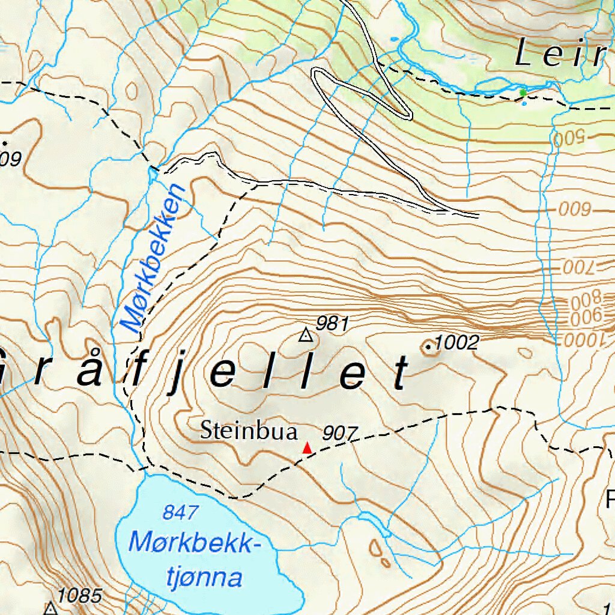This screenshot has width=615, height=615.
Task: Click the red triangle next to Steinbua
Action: click(307, 447)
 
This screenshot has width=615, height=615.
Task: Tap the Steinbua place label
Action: click(249, 431)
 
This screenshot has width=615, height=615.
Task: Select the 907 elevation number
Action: click(340, 433)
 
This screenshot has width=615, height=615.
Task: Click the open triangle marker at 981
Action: click(306, 335)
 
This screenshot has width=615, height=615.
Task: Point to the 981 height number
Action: click(332, 324)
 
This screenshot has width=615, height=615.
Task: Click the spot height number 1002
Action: click(456, 343)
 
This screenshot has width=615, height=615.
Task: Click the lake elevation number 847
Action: click(180, 513)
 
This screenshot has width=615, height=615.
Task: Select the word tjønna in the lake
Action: click(204, 578)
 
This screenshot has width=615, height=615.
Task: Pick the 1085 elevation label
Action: click(80, 596)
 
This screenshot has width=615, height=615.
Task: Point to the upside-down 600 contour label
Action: click(575, 210)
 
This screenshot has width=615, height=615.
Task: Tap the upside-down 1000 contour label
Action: click(582, 340)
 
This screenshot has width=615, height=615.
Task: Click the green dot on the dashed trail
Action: click(523, 92)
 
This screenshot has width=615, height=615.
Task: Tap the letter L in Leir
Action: click(526, 53)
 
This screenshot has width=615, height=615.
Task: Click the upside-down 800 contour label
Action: click(585, 297)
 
